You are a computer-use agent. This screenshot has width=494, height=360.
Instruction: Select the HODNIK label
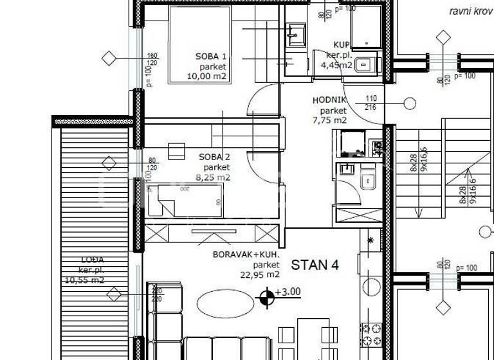329,100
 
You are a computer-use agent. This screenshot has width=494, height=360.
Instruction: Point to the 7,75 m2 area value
329,120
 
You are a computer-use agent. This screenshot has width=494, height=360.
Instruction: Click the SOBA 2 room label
213,156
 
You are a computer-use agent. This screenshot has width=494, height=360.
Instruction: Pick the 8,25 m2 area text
213,177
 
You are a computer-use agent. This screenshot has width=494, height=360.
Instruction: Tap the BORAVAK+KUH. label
246,254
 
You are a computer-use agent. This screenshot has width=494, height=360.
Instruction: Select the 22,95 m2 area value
258,274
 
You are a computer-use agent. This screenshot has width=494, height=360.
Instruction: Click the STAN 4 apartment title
315,265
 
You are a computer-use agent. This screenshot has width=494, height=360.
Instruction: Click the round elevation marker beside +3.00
264,297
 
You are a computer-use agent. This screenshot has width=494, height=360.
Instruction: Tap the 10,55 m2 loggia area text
84,280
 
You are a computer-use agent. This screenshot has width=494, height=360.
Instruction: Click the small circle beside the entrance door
409,104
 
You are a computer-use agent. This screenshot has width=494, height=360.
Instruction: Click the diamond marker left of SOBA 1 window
109,59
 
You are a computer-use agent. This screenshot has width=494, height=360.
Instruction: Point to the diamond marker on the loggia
114,295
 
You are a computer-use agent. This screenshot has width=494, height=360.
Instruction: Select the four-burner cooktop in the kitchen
371,334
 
